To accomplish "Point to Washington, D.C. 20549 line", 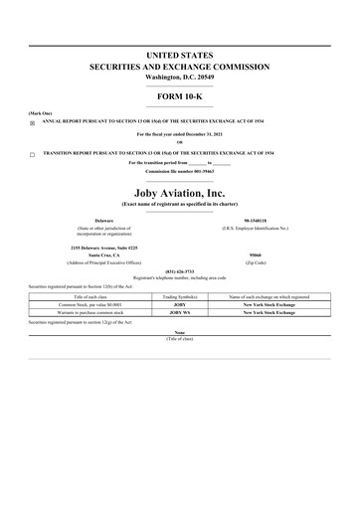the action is [x=179, y=77].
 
